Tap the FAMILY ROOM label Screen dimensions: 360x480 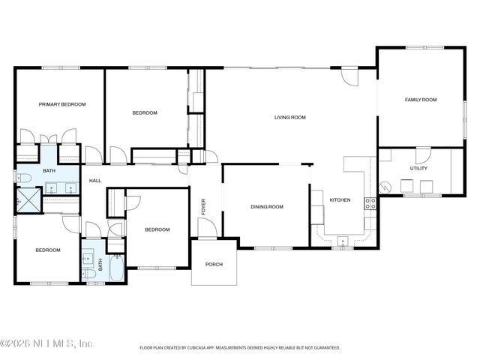coord(421,100)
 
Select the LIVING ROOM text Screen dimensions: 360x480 coord(289,117)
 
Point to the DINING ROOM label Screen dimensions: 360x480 coord(266,207)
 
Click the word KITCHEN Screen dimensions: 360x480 coord(340,200)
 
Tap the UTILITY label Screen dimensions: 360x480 coord(418,169)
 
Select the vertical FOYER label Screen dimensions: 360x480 coord(202,206)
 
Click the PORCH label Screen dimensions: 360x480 coord(214,264)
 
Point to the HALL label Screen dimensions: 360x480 coord(95,181)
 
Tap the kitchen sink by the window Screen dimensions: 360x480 coord(343,241)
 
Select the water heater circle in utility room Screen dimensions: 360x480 coord(386,187)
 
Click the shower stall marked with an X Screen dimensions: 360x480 coord(24,201)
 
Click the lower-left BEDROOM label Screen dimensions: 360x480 coord(45,250)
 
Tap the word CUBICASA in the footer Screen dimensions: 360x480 coord(199,348)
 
